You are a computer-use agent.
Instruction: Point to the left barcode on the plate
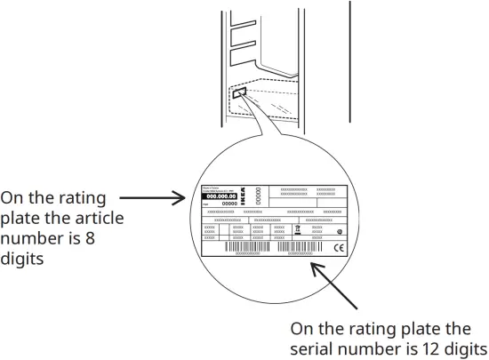coord(244,246)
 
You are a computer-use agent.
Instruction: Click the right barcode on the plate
coord(296,246)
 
